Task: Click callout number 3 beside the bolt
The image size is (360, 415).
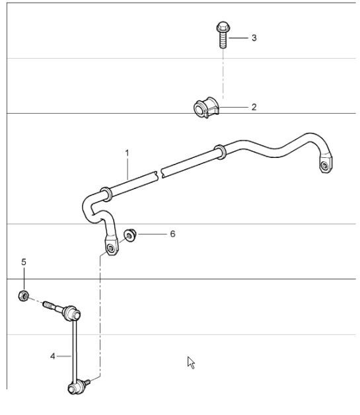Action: [x=254, y=38]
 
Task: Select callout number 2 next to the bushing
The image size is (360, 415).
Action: [x=254, y=106]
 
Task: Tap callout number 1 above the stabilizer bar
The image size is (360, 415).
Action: [x=127, y=153]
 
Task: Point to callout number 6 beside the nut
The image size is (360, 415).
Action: [x=172, y=234]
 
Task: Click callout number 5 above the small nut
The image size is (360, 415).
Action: [x=24, y=262]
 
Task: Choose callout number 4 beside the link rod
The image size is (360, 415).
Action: [x=53, y=356]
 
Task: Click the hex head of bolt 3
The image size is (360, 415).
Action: [x=222, y=28]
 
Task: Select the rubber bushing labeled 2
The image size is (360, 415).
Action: [x=203, y=108]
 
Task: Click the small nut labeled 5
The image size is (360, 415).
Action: [x=23, y=295]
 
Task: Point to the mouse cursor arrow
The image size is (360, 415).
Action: [x=191, y=361]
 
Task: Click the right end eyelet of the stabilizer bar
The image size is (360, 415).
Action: [x=325, y=166]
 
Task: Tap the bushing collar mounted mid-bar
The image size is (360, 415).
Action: [x=219, y=151]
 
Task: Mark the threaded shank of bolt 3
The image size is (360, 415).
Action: [x=223, y=42]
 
